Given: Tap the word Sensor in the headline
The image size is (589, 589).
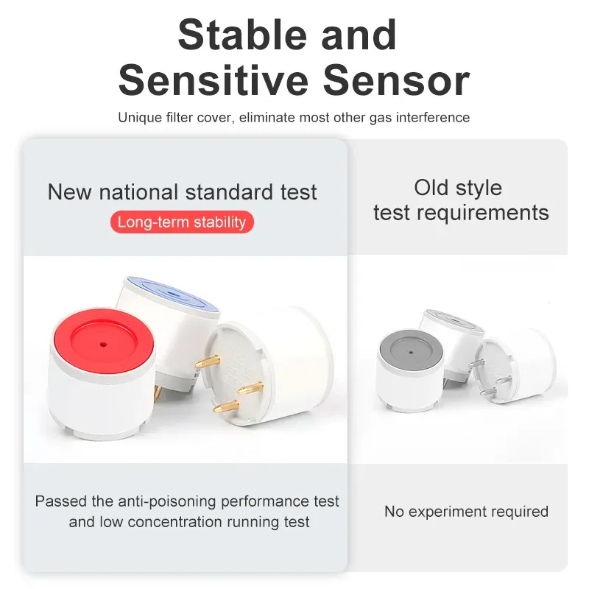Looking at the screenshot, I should [x=395, y=81].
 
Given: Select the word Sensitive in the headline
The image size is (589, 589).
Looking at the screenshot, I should [x=214, y=81].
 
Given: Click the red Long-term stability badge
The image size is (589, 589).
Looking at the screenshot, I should [x=182, y=222].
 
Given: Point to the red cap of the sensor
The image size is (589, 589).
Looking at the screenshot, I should [x=103, y=346].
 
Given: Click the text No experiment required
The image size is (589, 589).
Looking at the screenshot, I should [x=466, y=511].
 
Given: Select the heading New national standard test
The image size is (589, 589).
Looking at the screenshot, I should [x=182, y=193].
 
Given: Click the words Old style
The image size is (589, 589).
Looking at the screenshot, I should [x=458, y=188].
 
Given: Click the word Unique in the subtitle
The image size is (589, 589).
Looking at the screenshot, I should [x=136, y=118].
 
